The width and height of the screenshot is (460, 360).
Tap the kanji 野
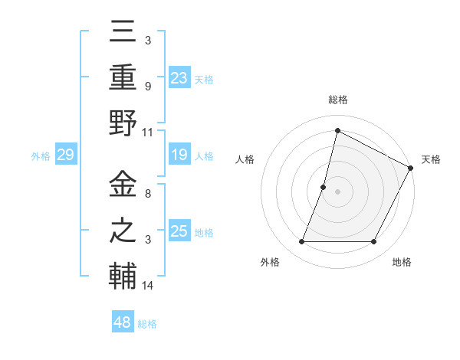click(123, 124)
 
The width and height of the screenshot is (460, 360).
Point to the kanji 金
click(123, 184)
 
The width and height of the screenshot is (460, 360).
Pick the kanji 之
click(123, 231)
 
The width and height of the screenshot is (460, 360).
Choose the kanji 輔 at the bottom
click(123, 275)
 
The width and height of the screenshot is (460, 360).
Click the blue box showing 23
click(179, 77)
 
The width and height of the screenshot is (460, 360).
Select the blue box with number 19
click(179, 155)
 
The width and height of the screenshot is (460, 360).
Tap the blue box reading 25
click(179, 231)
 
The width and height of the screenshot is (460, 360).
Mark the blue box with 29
click(65, 155)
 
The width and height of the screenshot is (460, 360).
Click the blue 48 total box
click(123, 322)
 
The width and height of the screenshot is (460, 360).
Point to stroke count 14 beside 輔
click(148, 286)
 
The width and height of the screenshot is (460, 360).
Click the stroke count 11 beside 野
click(148, 132)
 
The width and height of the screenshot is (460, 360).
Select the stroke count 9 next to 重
click(147, 87)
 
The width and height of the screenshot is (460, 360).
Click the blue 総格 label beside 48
click(147, 324)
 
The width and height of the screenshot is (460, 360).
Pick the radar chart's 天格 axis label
click(431, 159)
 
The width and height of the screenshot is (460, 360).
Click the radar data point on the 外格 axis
click(301, 242)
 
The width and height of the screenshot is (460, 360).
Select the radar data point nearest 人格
click(324, 187)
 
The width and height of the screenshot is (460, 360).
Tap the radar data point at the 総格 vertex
click(337, 131)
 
